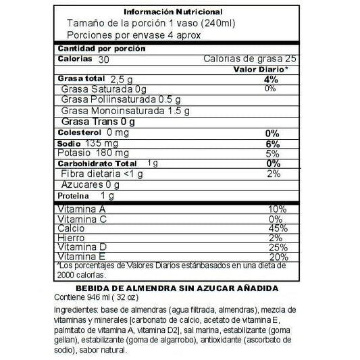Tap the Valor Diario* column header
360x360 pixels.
coord(261,70)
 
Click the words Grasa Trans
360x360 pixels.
coord(84,122)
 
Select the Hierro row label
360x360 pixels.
coord(70,238)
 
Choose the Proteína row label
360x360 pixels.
coord(73,195)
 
